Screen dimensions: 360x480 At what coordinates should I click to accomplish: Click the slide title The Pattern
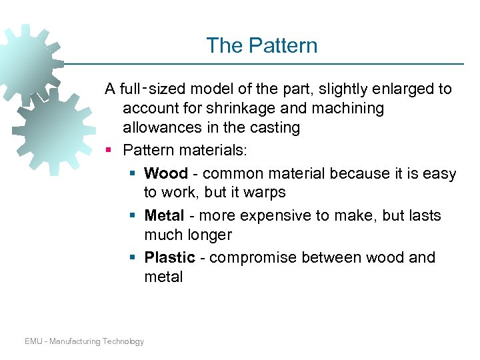pyautogui.click(x=261, y=45)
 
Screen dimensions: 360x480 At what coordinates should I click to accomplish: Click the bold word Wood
pyautogui.click(x=165, y=174)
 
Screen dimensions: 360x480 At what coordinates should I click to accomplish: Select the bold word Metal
pyautogui.click(x=165, y=216)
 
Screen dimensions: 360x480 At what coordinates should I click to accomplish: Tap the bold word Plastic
pyautogui.click(x=169, y=258)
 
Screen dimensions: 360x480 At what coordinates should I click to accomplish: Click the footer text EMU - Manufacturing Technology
pyautogui.click(x=84, y=341)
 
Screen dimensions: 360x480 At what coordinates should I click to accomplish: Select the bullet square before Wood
pyautogui.click(x=133, y=174)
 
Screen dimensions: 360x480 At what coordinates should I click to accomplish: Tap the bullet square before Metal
pyautogui.click(x=133, y=216)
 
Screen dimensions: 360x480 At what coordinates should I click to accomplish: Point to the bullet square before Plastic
pyautogui.click(x=133, y=258)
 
